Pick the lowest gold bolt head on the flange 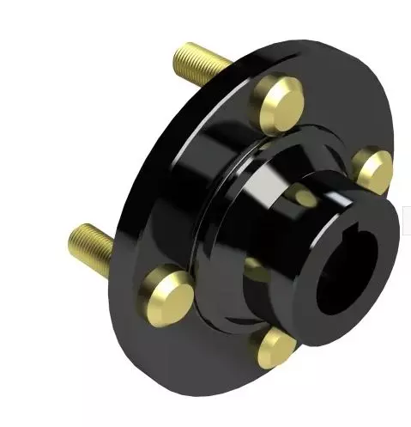(274, 348)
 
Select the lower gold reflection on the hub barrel (257, 271)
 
